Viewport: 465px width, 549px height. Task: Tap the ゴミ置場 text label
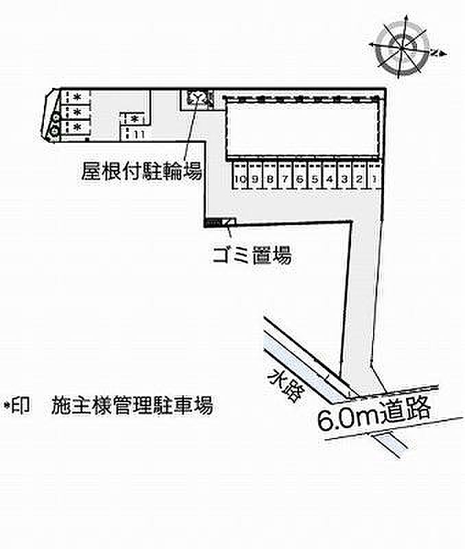pos(251,257)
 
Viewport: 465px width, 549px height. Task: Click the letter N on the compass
pos(435,51)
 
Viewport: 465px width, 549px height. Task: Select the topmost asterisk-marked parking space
pos(76,97)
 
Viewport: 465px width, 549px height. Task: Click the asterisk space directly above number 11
pos(134,119)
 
